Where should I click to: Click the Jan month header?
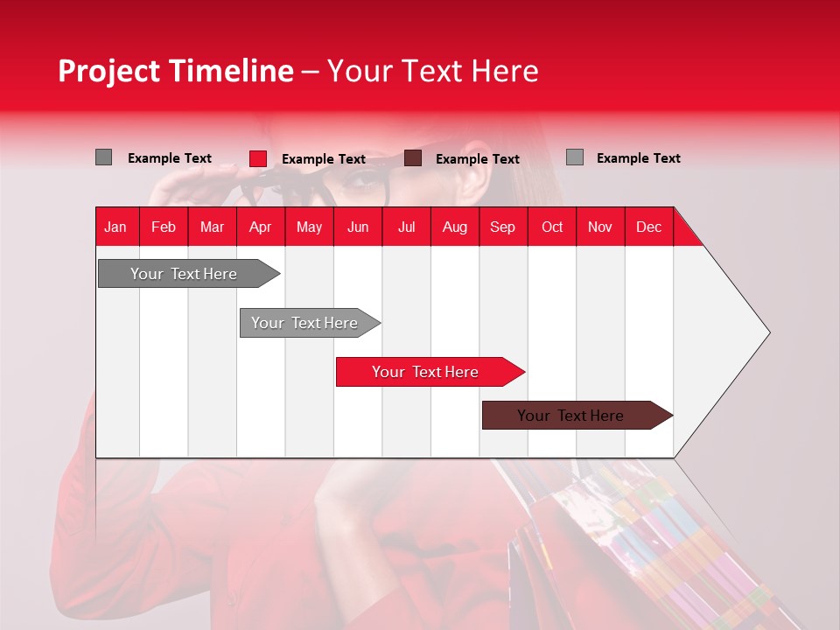(115, 227)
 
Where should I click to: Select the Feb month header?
(164, 227)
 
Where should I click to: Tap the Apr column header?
(260, 227)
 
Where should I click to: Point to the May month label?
(309, 227)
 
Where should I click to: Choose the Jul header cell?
(406, 227)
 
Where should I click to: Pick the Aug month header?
(454, 227)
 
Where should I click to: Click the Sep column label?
(502, 227)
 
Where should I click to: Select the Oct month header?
(552, 227)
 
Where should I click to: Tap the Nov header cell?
(600, 227)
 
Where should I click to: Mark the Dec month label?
(648, 227)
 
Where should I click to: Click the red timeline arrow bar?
(426, 372)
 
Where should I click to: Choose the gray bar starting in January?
(185, 274)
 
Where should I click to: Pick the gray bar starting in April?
(305, 323)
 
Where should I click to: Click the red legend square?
(258, 158)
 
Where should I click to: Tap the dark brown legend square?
(413, 158)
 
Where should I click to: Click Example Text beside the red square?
(324, 159)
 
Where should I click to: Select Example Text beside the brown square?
(478, 159)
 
